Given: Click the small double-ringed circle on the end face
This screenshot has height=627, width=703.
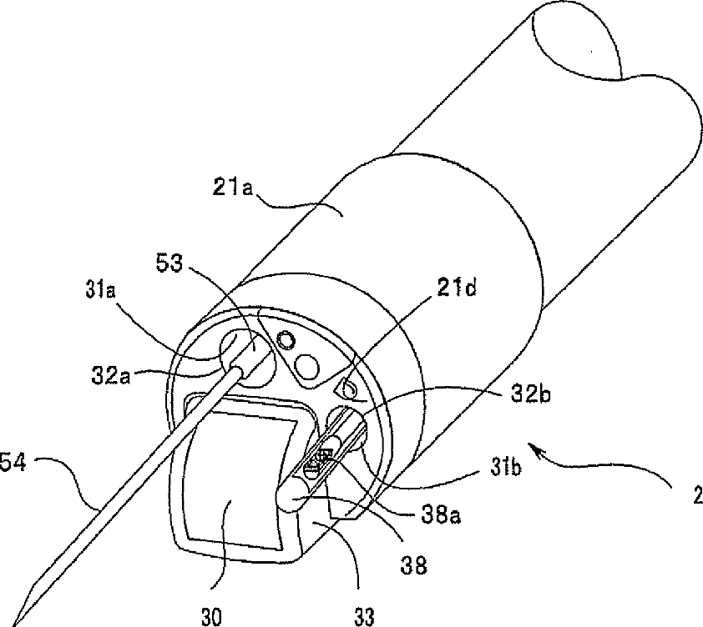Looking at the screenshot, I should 286,339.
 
